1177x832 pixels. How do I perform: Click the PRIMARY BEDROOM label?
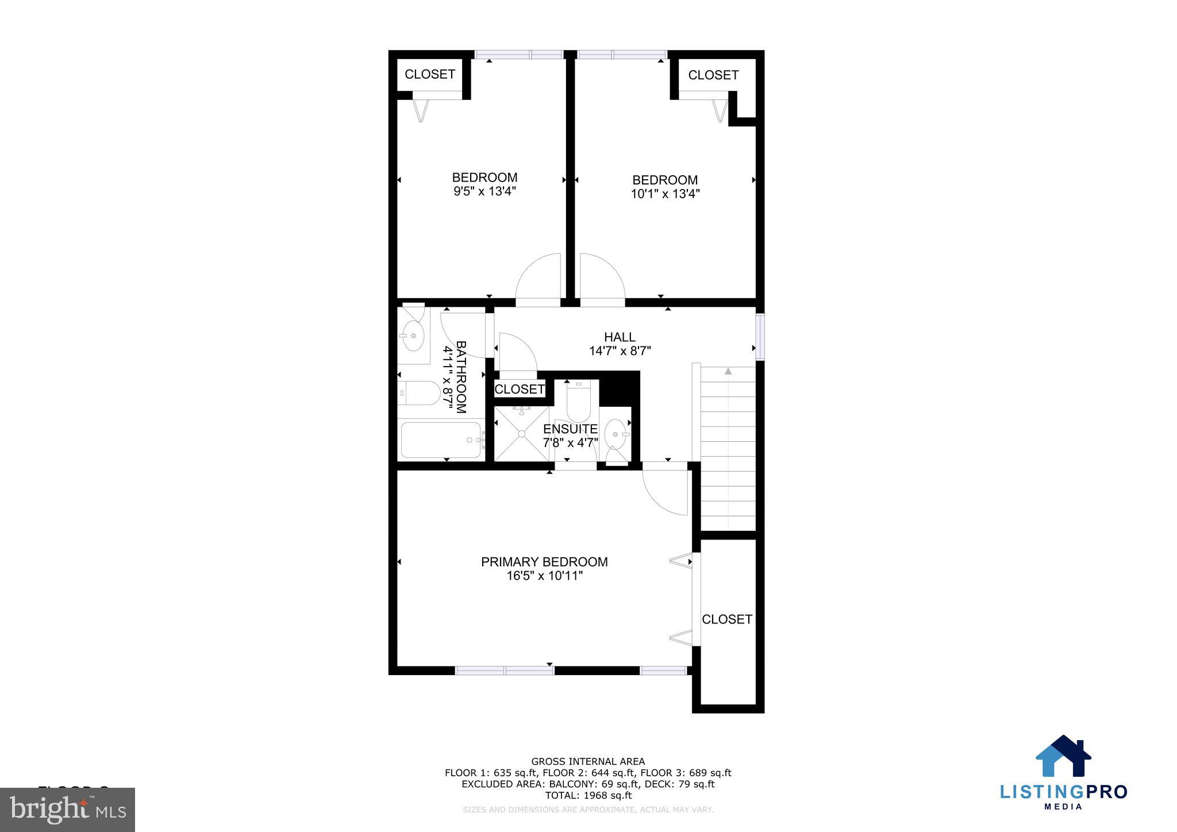pos(544,562)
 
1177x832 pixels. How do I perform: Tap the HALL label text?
pos(620,337)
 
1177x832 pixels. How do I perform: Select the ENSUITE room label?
pos(570,429)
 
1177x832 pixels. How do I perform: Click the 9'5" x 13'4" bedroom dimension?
pos(484,191)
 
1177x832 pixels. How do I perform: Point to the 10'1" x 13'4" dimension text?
pos(665,194)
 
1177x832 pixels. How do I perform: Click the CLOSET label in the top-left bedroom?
pos(430,74)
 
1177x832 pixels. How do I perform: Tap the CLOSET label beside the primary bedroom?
pos(727,619)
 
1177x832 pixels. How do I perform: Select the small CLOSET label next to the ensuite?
pos(520,389)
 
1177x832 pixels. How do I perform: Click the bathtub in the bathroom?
pos(441,440)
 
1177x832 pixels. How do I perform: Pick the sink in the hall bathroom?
pos(412,335)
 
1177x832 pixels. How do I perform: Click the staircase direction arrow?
pos(728,372)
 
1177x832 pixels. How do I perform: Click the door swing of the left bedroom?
pos(539,277)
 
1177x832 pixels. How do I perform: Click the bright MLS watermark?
pos(68,810)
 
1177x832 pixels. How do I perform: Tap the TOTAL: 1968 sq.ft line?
pos(588,795)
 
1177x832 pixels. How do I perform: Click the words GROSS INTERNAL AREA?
pos(588,762)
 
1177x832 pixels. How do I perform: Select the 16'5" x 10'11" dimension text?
pos(544,576)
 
